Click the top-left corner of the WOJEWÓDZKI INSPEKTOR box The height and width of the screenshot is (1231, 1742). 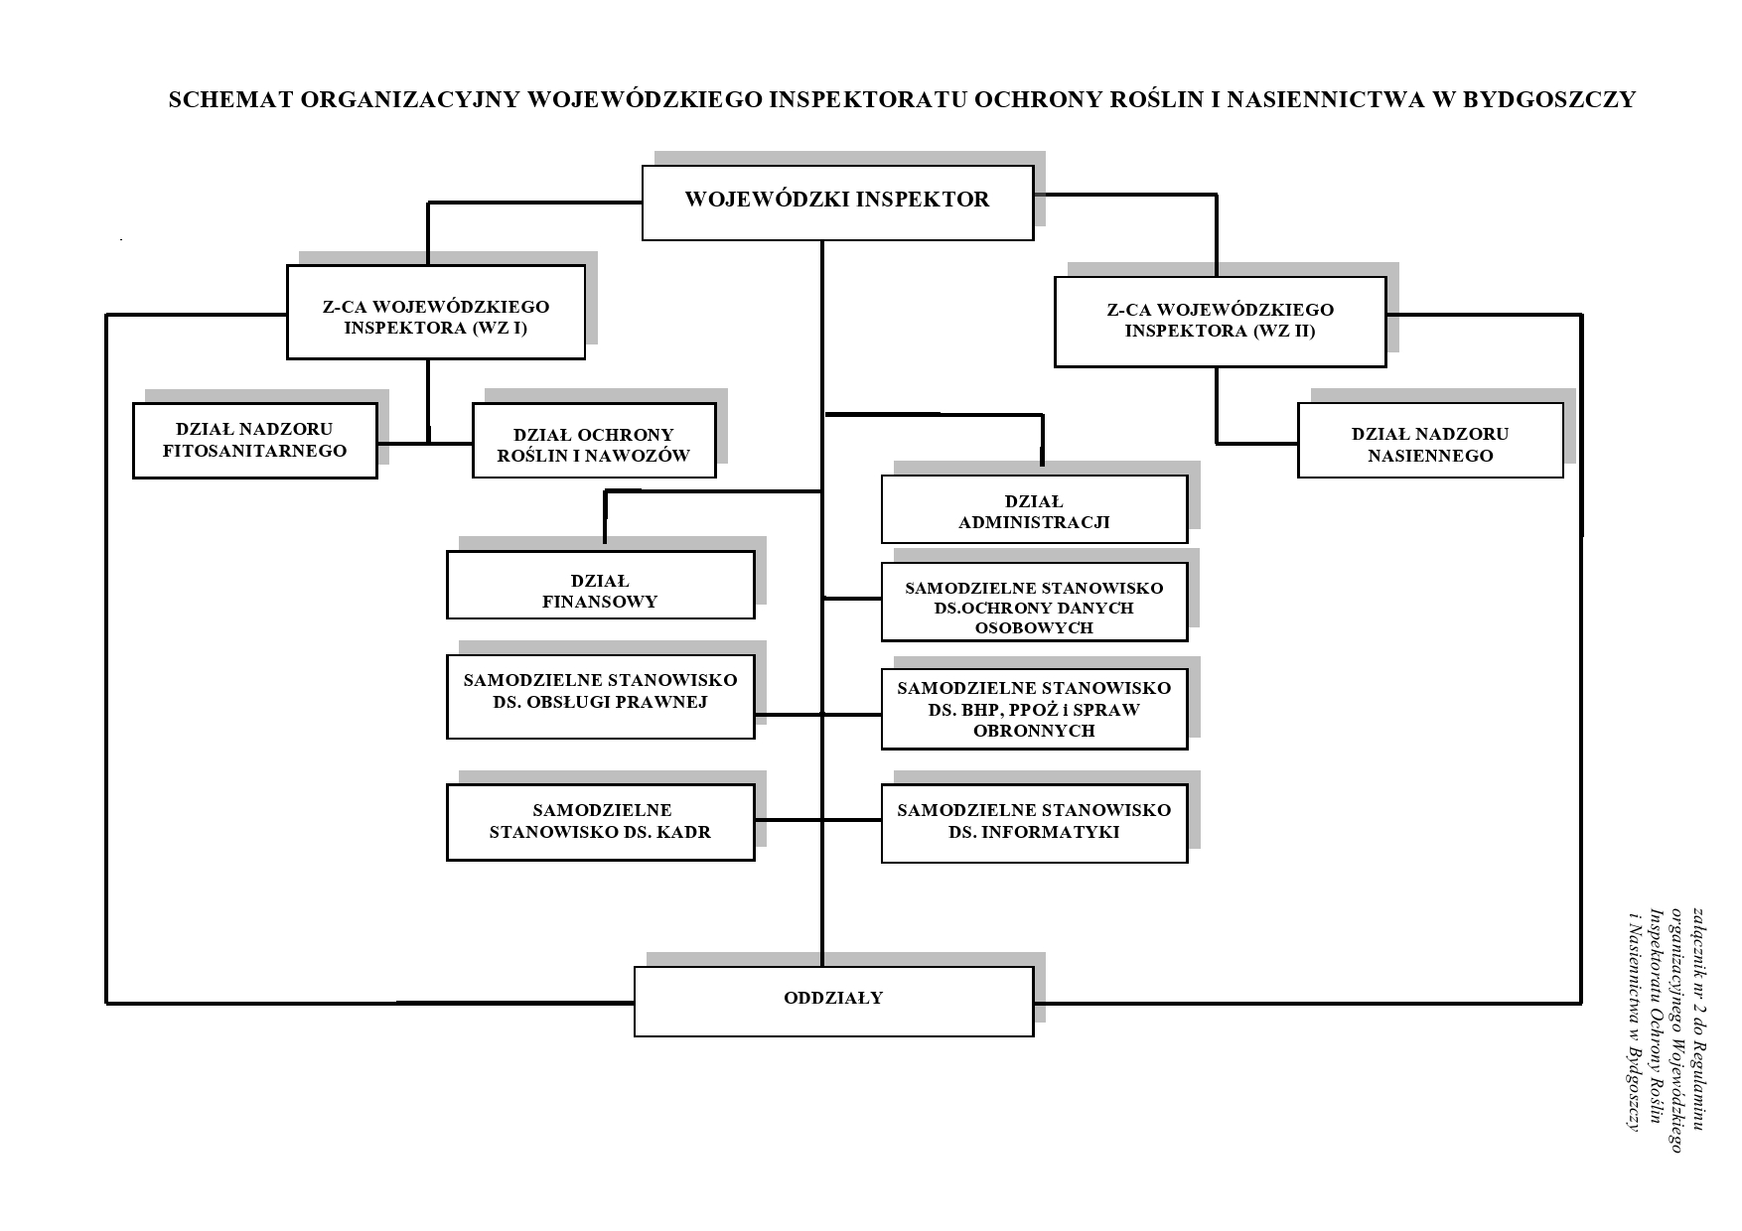point(643,166)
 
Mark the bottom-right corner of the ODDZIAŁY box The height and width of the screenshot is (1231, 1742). point(1034,1036)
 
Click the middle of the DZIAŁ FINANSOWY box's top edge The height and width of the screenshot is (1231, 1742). point(601,552)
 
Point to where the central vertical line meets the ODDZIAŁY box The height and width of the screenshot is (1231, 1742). point(822,967)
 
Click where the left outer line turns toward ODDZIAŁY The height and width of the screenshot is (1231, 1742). point(107,1004)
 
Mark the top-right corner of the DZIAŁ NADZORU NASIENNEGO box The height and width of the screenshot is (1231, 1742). point(1563,403)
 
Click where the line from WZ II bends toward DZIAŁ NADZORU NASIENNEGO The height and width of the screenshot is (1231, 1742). point(1218,443)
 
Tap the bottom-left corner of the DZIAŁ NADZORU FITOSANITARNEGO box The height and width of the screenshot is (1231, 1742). point(134,478)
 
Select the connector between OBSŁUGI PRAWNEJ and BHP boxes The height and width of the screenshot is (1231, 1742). point(818,714)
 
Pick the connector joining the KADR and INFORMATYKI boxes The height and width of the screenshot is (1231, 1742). point(818,820)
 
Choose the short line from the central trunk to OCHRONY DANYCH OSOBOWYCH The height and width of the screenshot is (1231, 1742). point(852,599)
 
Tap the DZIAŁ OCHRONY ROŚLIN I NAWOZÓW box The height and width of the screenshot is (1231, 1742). point(594,441)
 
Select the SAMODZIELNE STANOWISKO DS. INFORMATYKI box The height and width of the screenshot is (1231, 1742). point(1034,823)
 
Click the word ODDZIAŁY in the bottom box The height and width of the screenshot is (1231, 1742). point(833,998)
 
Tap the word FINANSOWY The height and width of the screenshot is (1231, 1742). point(600,602)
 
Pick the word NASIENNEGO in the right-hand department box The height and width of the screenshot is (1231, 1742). point(1430,456)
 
